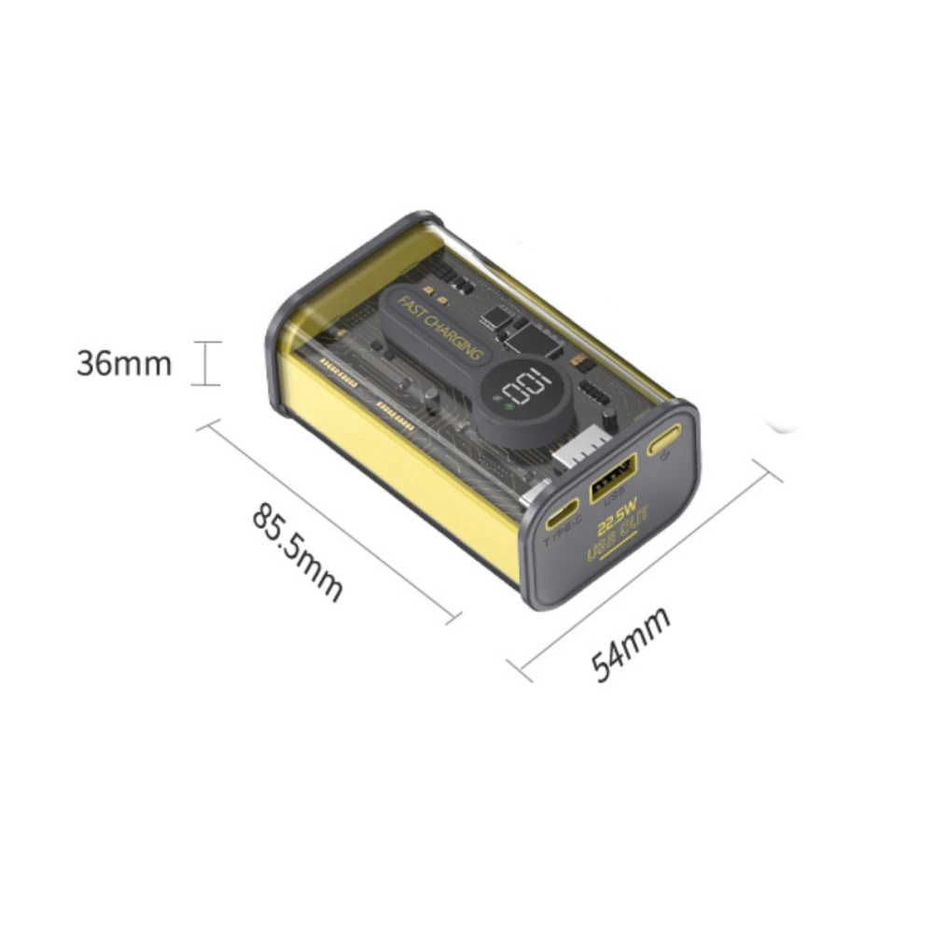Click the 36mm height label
point(124,364)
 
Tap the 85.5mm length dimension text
point(298,553)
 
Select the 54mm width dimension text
point(632,643)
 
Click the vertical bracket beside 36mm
point(206,363)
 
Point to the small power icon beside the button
point(663,457)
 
